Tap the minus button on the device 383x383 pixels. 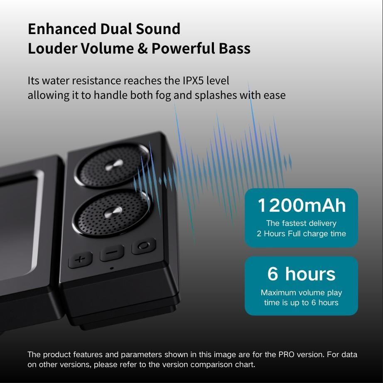pos(111,252)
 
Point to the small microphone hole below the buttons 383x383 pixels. pos(111,268)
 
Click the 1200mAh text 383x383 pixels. pos(302,205)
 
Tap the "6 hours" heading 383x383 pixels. pos(301,274)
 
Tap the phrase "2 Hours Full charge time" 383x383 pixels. pos(301,233)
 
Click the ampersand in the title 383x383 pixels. pos(142,48)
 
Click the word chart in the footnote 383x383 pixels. pos(246,365)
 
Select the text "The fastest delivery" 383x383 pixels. pos(301,223)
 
